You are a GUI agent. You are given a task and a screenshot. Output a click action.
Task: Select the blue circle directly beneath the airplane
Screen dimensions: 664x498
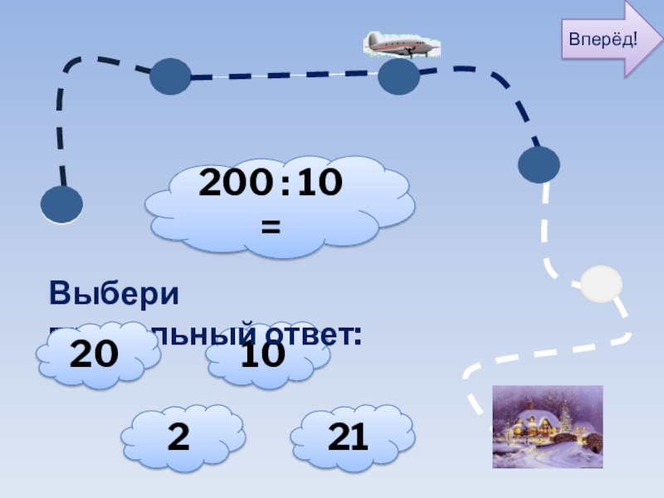click(399, 77)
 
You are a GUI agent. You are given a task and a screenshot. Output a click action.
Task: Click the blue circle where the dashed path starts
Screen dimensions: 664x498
click(62, 204)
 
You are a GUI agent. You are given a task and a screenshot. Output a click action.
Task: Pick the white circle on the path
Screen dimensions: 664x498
click(600, 284)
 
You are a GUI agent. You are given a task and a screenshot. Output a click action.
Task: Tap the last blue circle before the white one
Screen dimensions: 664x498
click(539, 164)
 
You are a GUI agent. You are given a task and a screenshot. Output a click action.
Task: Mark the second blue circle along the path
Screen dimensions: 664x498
click(170, 76)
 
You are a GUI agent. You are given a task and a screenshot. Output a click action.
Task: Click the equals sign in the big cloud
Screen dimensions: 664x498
click(271, 225)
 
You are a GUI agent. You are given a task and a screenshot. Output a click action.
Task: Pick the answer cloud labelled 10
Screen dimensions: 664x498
click(263, 355)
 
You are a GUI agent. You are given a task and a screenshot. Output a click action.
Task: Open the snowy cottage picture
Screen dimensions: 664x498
click(547, 427)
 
